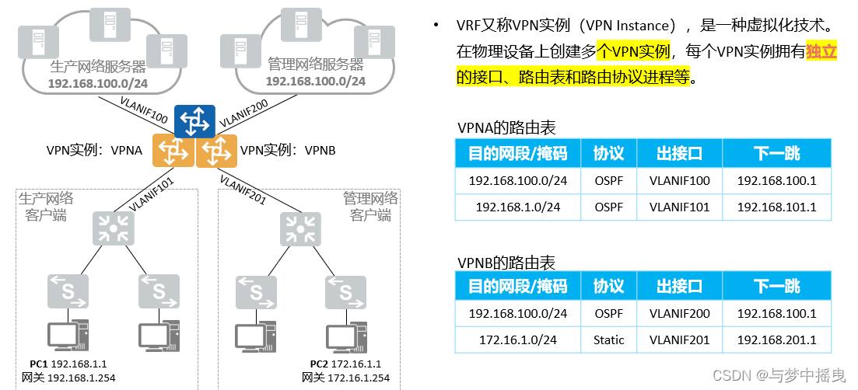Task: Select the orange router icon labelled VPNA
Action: pyautogui.click(x=173, y=151)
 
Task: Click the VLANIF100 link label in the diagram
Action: pyautogui.click(x=145, y=110)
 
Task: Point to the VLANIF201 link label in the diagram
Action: pyautogui.click(x=243, y=190)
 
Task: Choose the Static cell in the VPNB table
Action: pyautogui.click(x=608, y=340)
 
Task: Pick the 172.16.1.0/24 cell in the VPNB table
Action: pyautogui.click(x=517, y=340)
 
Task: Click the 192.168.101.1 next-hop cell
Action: pyautogui.click(x=776, y=207)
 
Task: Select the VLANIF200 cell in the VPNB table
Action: pyautogui.click(x=679, y=313)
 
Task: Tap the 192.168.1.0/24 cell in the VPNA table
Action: pyautogui.click(x=517, y=207)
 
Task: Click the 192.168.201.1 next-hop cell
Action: pyautogui.click(x=776, y=340)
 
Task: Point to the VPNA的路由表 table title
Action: pyautogui.click(x=506, y=127)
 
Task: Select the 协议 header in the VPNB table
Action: pyautogui.click(x=608, y=286)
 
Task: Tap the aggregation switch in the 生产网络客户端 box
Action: pyautogui.click(x=114, y=228)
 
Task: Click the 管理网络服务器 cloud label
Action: pyautogui.click(x=315, y=65)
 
